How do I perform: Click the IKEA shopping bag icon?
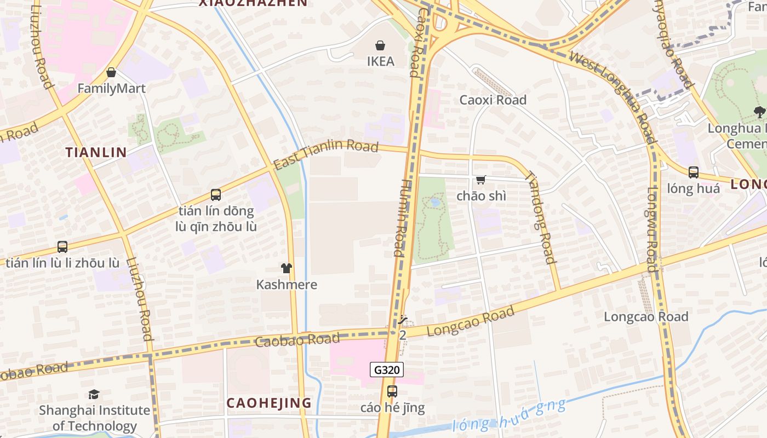380,45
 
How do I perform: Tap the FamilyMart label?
111,88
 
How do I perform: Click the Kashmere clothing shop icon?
287,268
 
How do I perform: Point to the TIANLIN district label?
96,152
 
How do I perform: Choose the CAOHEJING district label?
269,403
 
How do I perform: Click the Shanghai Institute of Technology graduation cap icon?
94,394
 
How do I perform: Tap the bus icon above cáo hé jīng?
392,391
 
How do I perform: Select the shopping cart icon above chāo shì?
481,180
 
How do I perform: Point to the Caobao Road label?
297,340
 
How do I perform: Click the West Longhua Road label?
611,96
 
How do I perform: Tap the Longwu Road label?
651,230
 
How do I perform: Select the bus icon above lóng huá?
694,172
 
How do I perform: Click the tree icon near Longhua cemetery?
759,112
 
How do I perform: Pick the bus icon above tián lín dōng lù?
216,195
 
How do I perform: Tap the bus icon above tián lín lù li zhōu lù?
62,247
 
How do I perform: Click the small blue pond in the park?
436,202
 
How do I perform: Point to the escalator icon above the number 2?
403,320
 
